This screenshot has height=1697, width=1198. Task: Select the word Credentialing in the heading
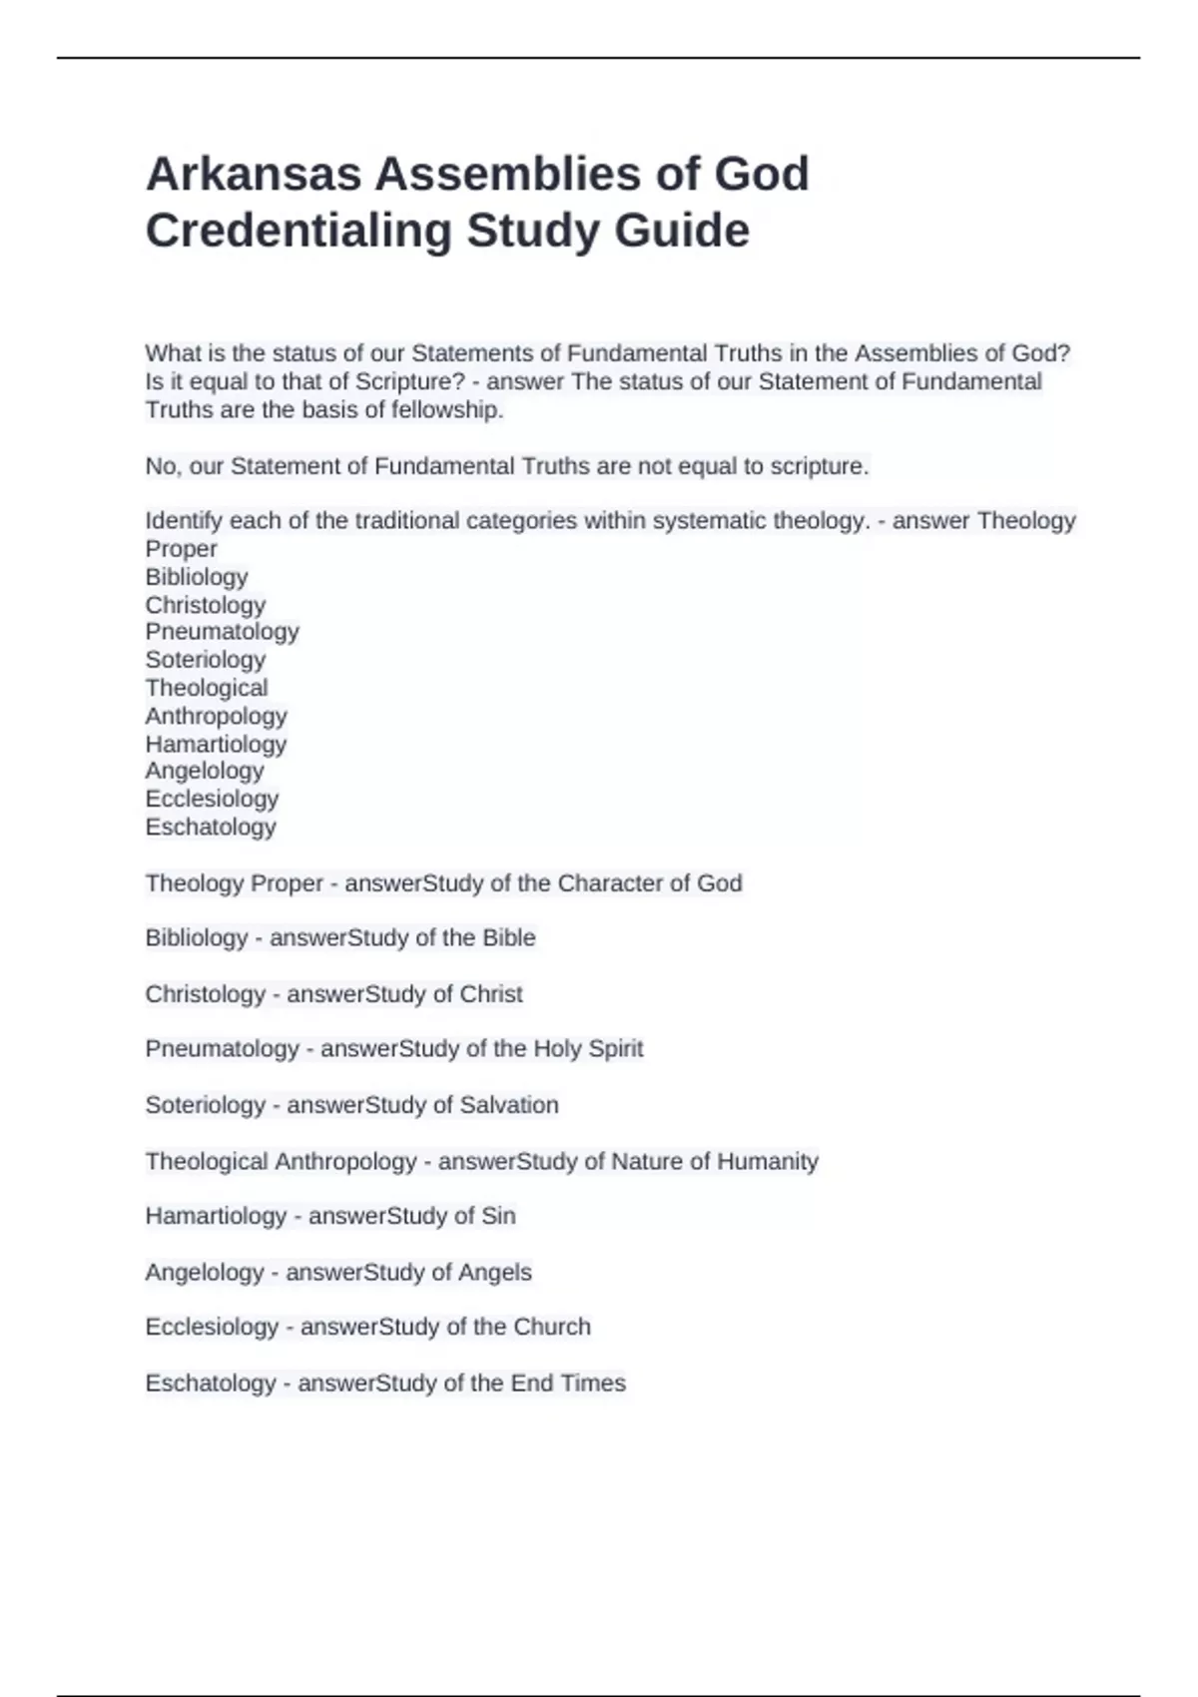[299, 231]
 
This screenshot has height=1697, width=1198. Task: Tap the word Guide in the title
[682, 231]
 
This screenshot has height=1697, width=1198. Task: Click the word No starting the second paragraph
[160, 466]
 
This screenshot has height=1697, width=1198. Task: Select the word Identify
[183, 521]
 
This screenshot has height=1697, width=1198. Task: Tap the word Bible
[509, 938]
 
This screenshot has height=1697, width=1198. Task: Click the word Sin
[498, 1216]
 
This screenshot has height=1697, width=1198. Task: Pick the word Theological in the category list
[207, 688]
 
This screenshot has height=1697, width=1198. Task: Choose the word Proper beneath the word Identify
[181, 549]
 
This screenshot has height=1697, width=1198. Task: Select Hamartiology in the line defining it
[216, 1216]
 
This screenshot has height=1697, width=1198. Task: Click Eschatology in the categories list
[211, 827]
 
